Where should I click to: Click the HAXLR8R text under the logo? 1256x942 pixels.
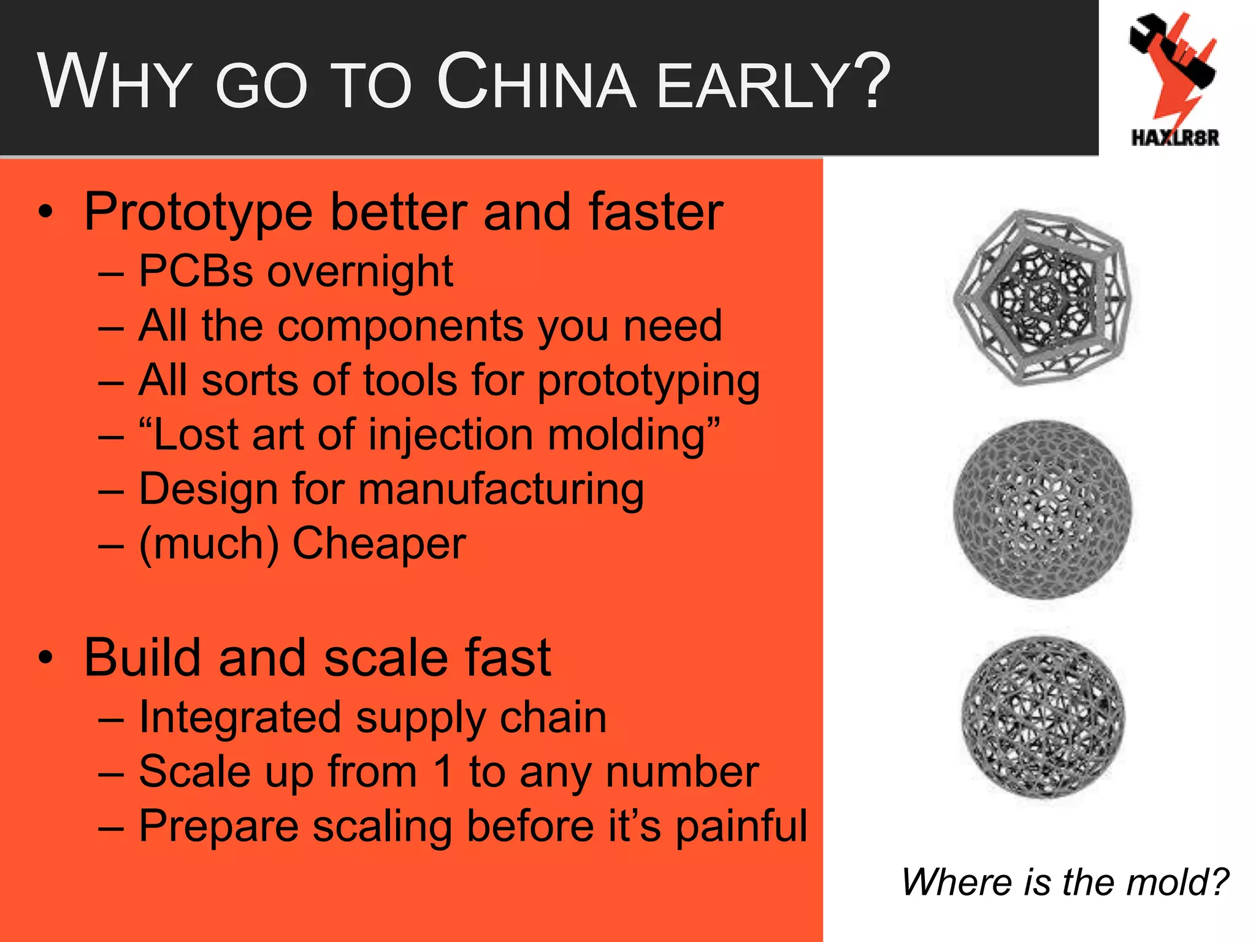click(1174, 138)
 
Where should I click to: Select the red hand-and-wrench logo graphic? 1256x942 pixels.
click(1173, 67)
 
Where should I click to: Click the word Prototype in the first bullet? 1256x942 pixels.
click(199, 213)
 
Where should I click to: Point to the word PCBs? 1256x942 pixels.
click(195, 271)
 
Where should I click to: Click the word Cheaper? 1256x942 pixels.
click(378, 544)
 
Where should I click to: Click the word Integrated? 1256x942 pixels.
click(240, 717)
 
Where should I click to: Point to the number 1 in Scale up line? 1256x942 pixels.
click(443, 772)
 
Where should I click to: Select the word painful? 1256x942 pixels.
click(741, 827)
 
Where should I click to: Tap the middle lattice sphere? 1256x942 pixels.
click(1042, 508)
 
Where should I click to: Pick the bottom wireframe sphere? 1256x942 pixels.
click(1042, 717)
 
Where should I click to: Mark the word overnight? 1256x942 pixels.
click(360, 271)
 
